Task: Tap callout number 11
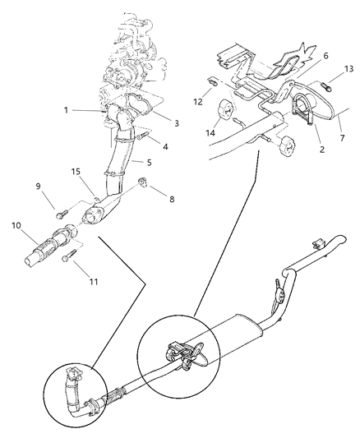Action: [92, 282]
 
